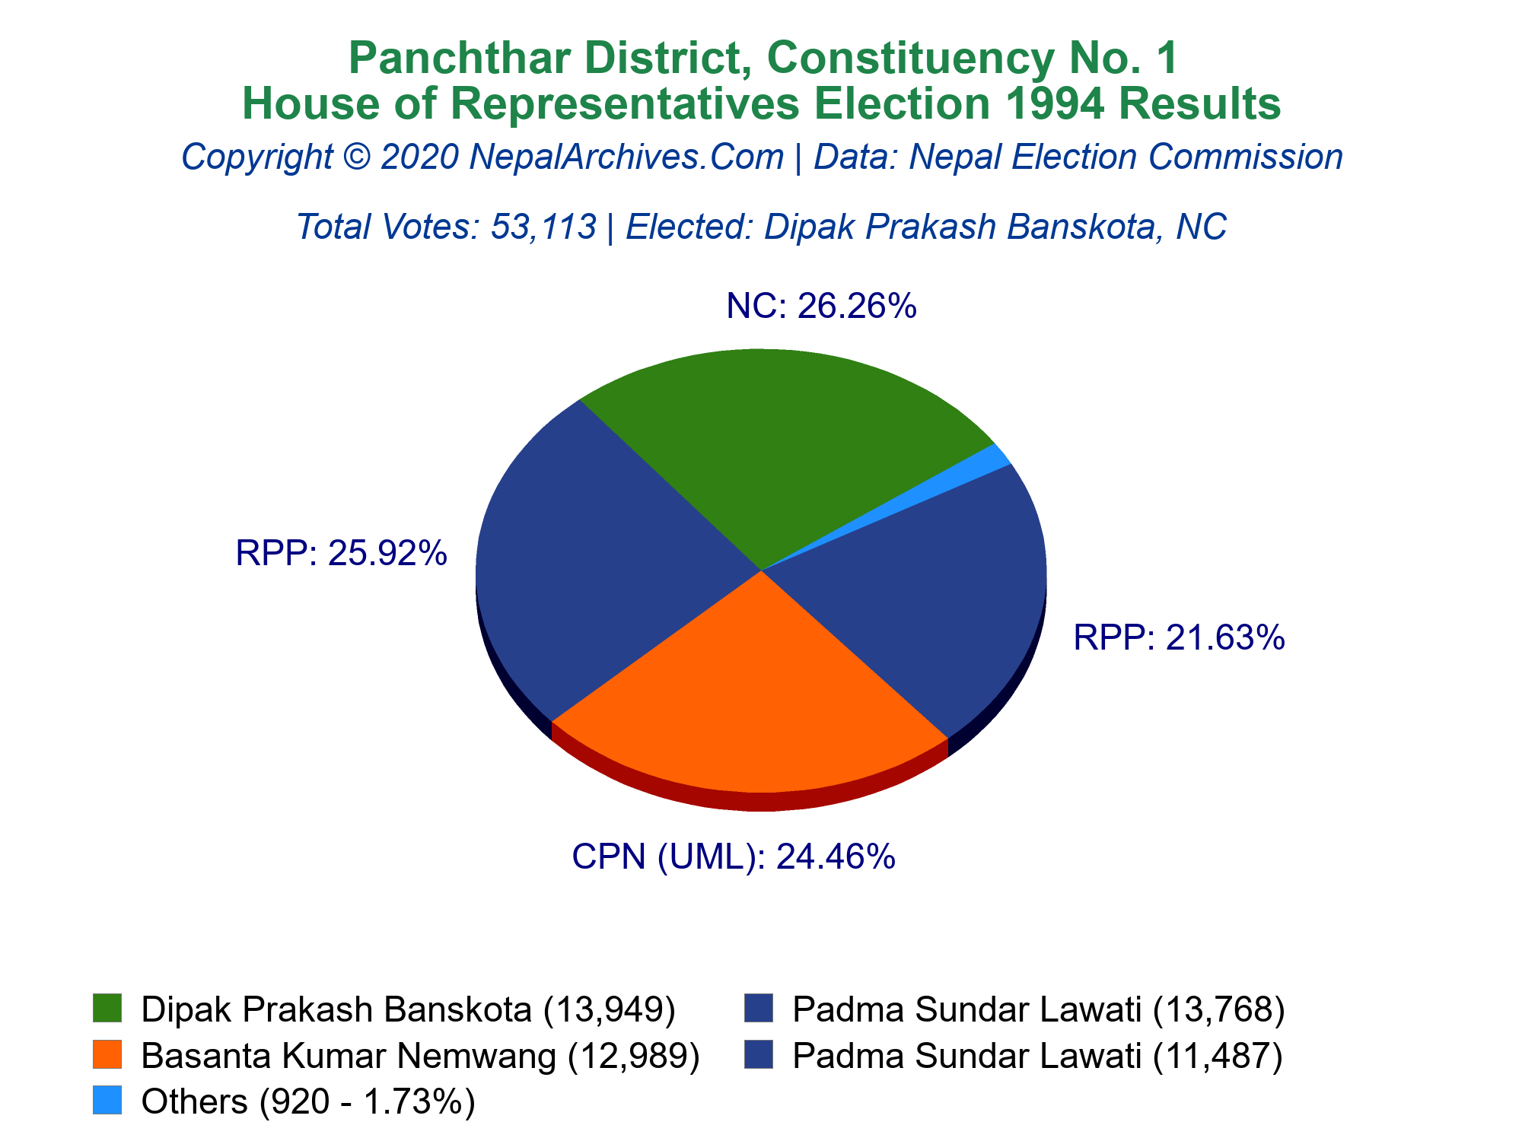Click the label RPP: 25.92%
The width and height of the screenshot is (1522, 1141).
coord(341,553)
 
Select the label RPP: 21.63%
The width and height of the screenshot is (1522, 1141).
coord(1179,637)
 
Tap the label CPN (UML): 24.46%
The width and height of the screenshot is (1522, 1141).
coord(733,857)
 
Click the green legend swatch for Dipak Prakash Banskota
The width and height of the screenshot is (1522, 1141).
coord(107,1009)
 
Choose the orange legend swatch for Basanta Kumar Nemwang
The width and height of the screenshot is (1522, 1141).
coord(107,1055)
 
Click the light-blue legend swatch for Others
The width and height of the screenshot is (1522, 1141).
coord(107,1101)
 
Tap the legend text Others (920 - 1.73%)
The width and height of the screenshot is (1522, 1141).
coord(308,1101)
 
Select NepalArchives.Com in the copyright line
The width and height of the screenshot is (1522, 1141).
coord(626,157)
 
